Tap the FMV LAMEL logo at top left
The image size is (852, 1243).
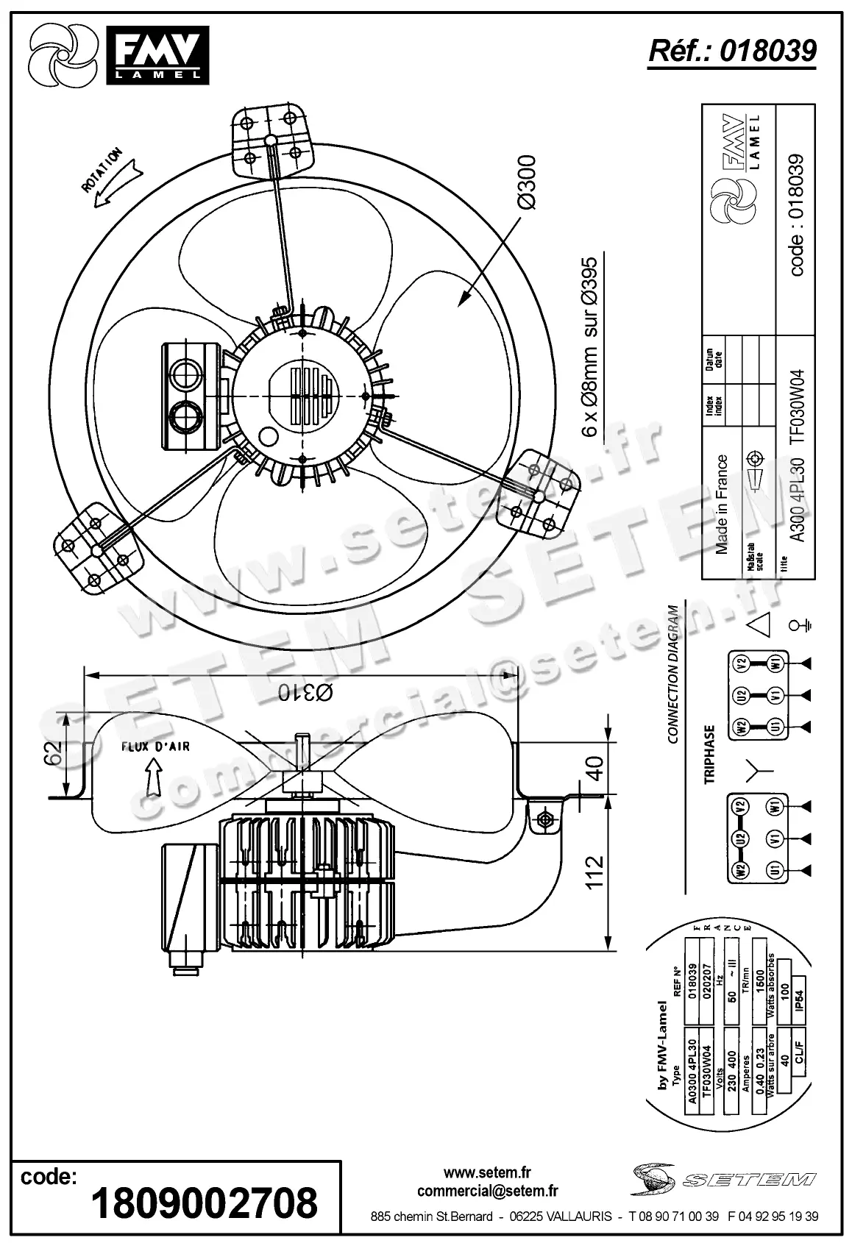click(x=157, y=54)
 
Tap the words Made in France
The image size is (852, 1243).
click(x=721, y=504)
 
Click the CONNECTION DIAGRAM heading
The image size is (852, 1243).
click(x=672, y=674)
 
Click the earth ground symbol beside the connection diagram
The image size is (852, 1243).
click(x=799, y=626)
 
